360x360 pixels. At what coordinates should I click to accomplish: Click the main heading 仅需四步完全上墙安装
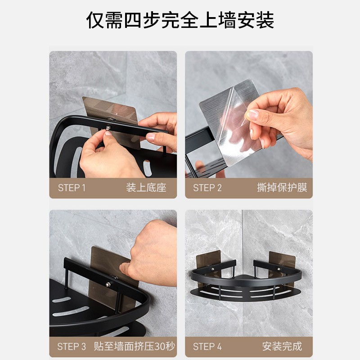point(180,20)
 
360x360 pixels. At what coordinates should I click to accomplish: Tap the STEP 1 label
point(72,188)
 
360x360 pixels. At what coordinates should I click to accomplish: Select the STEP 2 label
point(207,188)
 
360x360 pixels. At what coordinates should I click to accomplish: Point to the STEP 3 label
point(72,346)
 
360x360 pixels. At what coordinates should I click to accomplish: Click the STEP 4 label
point(207,346)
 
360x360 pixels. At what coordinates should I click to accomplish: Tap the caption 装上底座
point(146,188)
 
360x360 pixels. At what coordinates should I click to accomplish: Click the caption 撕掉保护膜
point(282,188)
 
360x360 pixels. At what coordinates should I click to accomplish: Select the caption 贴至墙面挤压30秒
point(134,346)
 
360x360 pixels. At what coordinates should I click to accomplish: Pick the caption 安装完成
point(282,346)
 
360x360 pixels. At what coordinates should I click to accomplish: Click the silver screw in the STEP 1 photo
point(108,127)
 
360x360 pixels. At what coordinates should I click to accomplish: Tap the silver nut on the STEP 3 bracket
point(108,285)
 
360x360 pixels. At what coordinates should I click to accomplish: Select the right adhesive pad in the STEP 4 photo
point(282,266)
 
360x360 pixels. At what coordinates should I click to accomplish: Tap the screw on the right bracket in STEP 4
point(279,269)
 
